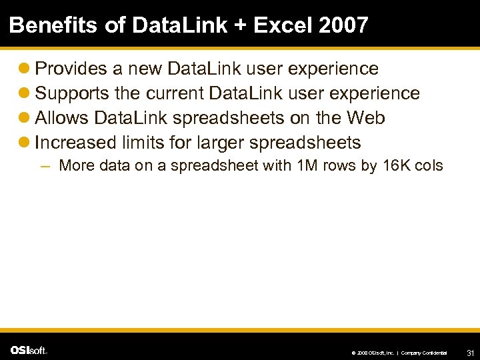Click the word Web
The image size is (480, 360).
pyautogui.click(x=365, y=118)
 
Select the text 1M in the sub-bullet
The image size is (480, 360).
pyautogui.click(x=307, y=165)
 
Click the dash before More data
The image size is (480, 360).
pyautogui.click(x=45, y=166)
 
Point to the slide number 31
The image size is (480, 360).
pyautogui.click(x=469, y=351)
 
